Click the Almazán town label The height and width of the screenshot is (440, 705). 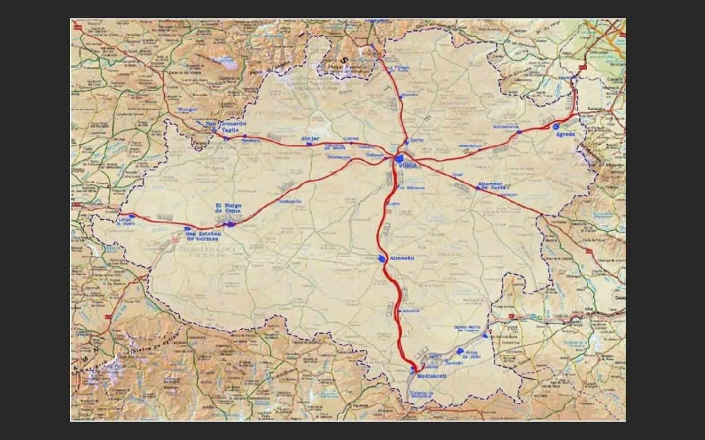coord(402,258)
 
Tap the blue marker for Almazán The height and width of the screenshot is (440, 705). coord(382,258)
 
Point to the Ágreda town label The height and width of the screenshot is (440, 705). coord(565,135)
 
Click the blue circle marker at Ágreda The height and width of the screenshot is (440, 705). coord(557,127)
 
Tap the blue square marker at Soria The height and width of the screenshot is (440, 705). coord(398,158)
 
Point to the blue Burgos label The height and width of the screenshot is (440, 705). coord(188,110)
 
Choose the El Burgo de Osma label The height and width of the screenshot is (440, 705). coord(230,208)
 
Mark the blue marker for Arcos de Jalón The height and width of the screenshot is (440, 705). coord(458,351)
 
